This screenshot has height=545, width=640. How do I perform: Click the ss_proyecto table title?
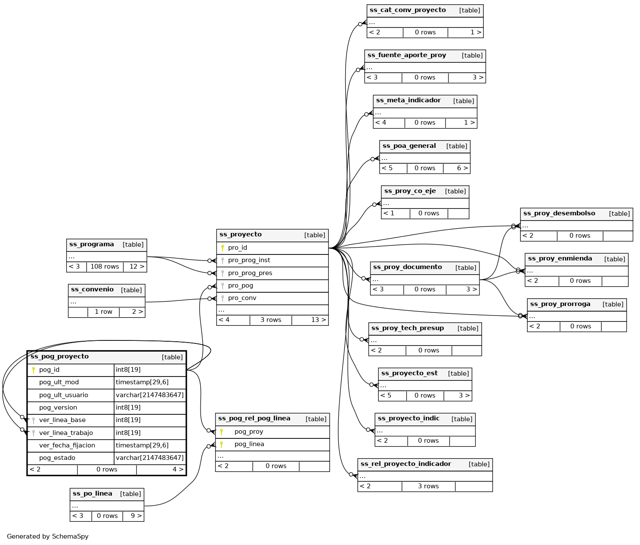coord(241,235)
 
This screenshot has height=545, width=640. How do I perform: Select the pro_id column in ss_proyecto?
coord(238,248)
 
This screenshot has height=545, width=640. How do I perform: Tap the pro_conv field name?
coord(242,298)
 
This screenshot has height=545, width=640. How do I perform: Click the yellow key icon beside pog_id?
coord(34,370)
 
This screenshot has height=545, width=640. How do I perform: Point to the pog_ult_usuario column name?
coord(63,395)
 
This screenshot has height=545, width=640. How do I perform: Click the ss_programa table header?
coord(92,245)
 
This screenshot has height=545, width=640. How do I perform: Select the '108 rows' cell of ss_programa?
coord(105,266)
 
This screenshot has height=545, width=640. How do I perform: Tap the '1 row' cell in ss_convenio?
coord(103,312)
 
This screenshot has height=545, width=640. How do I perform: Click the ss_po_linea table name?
coord(93,494)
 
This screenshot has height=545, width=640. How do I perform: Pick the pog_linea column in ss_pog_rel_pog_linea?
coord(249,444)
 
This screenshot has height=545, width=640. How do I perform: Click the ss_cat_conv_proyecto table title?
coord(408,10)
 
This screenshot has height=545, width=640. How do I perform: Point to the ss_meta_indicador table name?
coord(408,101)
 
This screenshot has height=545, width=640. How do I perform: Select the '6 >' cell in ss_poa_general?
coord(462,168)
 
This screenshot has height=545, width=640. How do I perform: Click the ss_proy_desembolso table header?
coord(559,214)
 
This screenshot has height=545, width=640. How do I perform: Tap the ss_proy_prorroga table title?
coord(560,304)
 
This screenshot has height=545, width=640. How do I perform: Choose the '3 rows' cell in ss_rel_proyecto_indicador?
coord(428,486)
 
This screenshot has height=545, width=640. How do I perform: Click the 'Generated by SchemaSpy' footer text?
coord(48,536)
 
